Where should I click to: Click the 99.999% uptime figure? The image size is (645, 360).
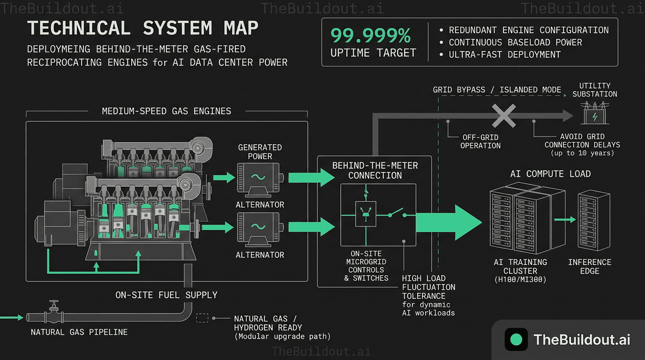pos(371,36)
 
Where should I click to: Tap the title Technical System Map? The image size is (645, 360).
pos(143,28)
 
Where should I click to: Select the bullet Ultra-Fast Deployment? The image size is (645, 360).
pos(504,54)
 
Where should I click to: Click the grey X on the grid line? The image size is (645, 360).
pos(503,115)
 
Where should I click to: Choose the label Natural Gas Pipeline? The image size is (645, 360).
pos(79,332)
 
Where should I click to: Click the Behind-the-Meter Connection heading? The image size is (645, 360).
pos(375,171)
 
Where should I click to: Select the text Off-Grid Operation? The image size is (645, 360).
pos(480,141)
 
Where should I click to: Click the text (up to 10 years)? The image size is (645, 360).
pos(582,153)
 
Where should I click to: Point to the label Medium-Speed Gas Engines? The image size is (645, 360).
pos(166,111)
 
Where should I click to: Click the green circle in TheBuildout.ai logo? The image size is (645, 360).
pos(516,339)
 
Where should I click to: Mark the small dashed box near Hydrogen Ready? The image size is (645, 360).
pos(202,318)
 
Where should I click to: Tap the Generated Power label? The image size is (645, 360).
pos(260,151)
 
